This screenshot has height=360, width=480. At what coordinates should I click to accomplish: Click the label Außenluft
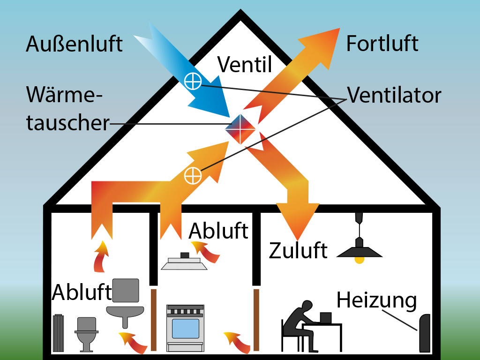(x=75, y=44)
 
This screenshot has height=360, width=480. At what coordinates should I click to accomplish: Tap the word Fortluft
(x=382, y=44)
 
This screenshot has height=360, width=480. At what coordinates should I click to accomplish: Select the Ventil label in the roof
(x=245, y=64)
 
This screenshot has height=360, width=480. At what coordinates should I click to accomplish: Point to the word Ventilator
(x=394, y=95)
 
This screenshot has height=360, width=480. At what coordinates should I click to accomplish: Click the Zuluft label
(x=298, y=250)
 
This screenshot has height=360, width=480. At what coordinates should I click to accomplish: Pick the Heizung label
(x=377, y=300)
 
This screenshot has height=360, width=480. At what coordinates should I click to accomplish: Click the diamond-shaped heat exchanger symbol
(x=240, y=129)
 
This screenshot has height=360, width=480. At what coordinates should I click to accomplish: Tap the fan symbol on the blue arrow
(x=193, y=82)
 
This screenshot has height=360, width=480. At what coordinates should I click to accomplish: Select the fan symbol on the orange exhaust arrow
(x=193, y=176)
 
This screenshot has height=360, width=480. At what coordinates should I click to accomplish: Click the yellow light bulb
(x=360, y=260)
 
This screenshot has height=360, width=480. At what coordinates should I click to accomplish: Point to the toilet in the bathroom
(x=87, y=334)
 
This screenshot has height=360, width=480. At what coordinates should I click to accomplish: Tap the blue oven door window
(x=186, y=329)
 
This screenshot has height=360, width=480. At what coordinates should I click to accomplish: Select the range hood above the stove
(x=184, y=262)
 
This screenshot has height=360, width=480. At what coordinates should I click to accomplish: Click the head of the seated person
(x=307, y=307)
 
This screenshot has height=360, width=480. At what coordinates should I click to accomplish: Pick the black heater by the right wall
(x=424, y=333)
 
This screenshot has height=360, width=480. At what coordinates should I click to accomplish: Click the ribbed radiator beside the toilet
(x=59, y=333)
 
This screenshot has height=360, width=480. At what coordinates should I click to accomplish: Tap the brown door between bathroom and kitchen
(x=154, y=320)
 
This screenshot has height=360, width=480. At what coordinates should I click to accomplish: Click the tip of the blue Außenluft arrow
(x=230, y=117)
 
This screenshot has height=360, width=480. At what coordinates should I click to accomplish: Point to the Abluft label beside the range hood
(x=218, y=231)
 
